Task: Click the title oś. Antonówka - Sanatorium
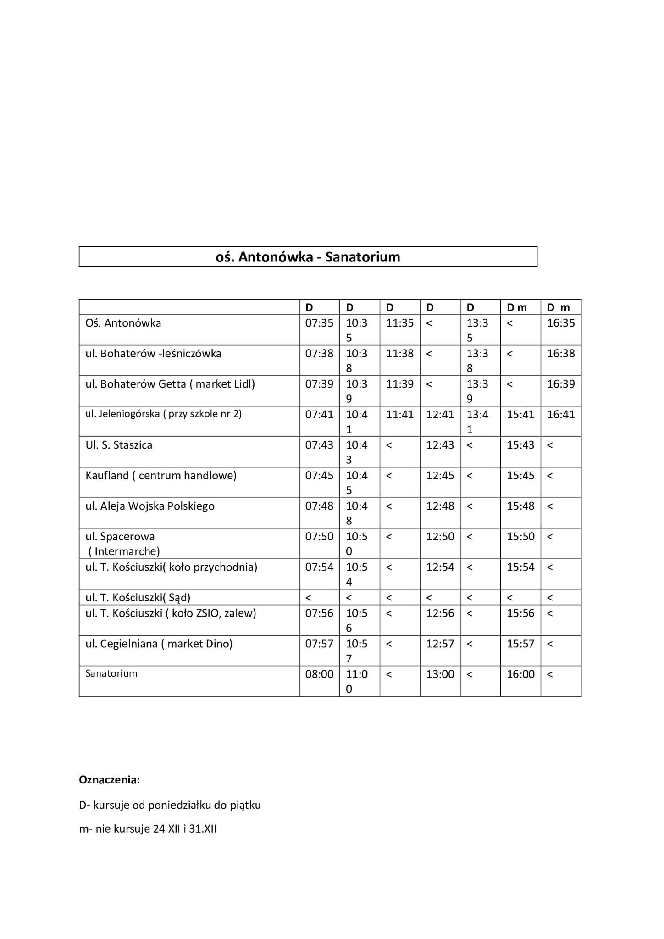click(x=308, y=257)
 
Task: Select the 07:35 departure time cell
click(x=319, y=323)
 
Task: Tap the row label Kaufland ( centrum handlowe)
click(x=161, y=476)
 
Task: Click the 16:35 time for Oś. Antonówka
click(x=560, y=323)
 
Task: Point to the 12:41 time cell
click(x=440, y=415)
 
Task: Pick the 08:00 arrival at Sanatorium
click(x=319, y=674)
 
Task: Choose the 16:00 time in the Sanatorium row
click(x=520, y=674)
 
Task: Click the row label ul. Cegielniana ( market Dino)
click(x=159, y=644)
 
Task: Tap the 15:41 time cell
click(x=520, y=415)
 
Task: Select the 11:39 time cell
click(x=399, y=384)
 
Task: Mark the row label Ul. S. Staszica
click(x=119, y=445)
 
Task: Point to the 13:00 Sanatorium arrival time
click(x=440, y=674)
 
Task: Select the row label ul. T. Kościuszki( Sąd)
click(x=138, y=598)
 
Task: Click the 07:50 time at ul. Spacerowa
click(x=319, y=537)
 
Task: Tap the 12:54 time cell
click(x=440, y=567)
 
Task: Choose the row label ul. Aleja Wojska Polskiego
click(x=150, y=506)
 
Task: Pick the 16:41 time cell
click(x=560, y=415)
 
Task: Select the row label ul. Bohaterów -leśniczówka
click(x=153, y=354)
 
